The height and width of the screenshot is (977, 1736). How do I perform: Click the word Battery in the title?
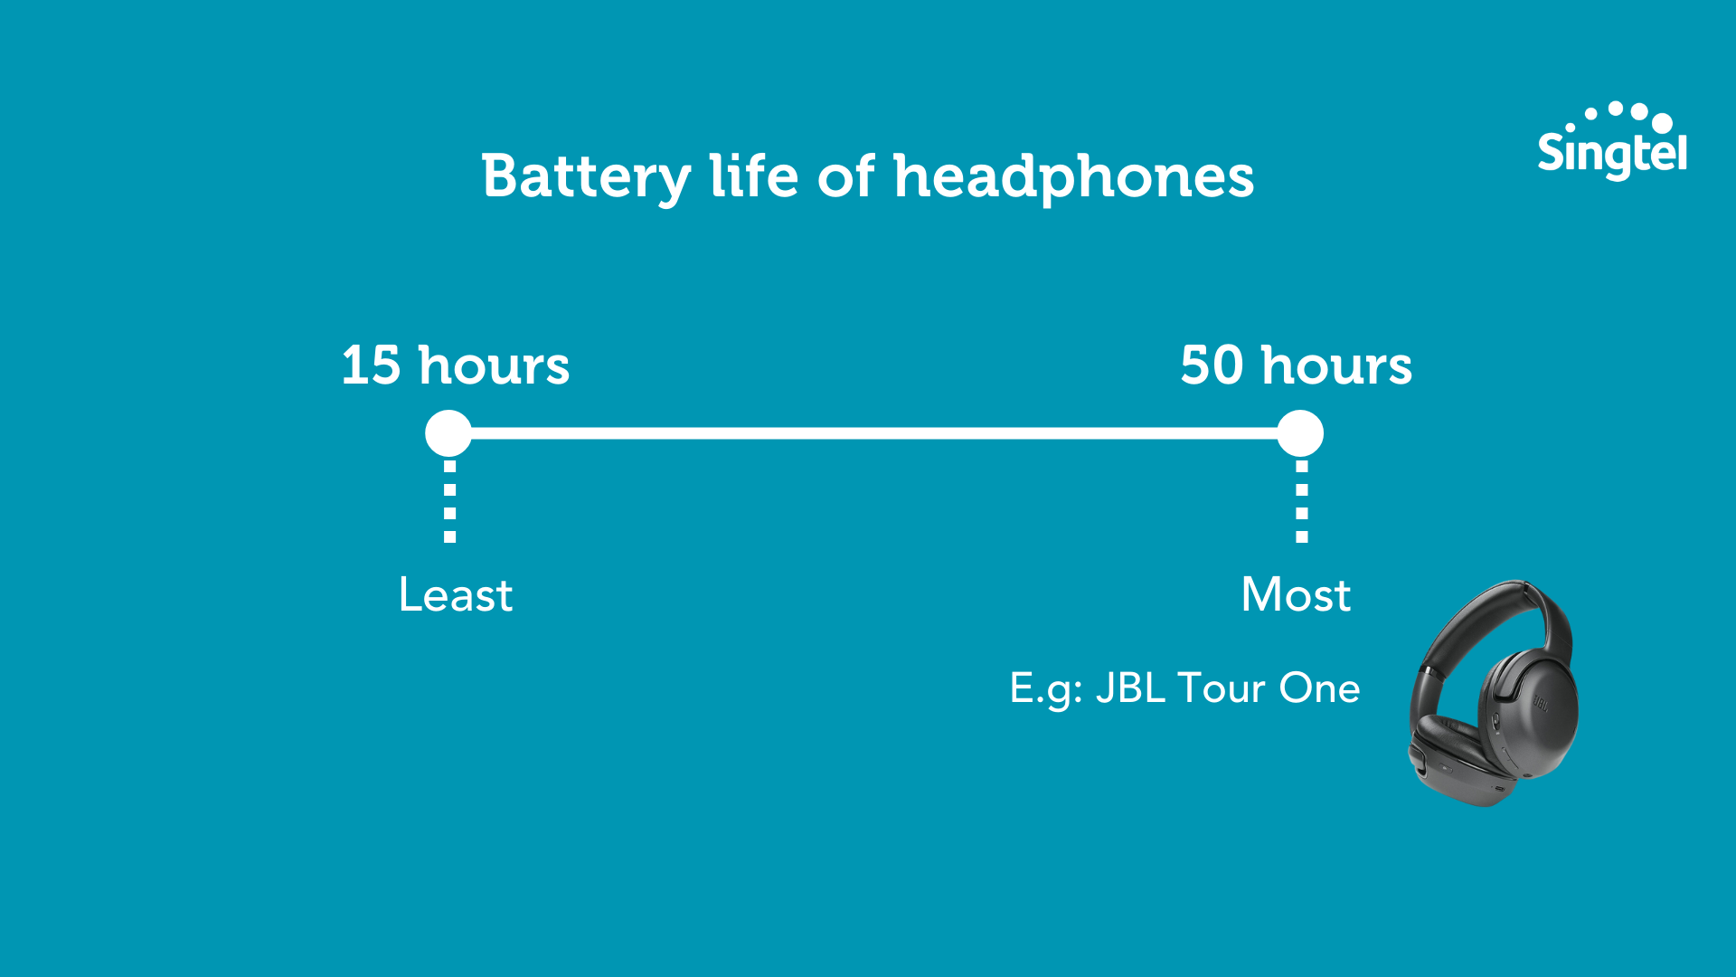point(586,176)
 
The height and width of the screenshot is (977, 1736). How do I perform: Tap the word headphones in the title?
point(1073,176)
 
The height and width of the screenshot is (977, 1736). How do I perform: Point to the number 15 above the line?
point(371,365)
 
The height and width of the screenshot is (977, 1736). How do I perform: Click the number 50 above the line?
point(1212,365)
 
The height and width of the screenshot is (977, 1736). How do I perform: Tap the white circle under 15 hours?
point(448,433)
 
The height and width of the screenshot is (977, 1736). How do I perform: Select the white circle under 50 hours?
point(1300,433)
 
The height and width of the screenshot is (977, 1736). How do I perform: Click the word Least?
point(456,595)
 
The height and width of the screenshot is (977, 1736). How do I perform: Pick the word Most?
point(1296,595)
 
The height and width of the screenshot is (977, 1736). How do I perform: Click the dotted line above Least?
point(449,501)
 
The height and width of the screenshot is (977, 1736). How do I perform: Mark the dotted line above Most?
point(1302,501)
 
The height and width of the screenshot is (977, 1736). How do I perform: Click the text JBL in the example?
point(1130,688)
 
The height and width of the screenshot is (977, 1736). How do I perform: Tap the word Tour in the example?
point(1221,688)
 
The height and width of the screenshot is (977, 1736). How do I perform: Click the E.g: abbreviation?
point(1046,689)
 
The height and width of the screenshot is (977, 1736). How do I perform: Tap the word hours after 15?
point(494,365)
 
